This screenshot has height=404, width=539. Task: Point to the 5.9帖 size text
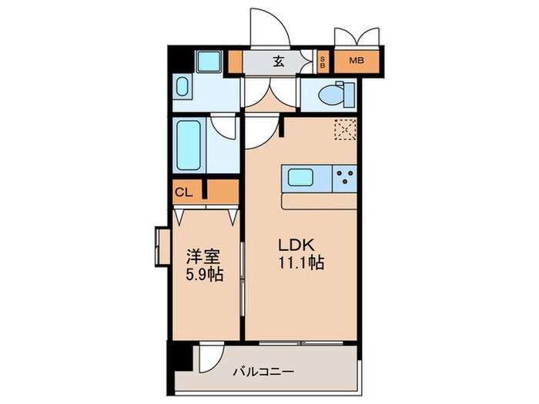click(204, 273)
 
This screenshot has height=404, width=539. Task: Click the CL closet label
click(182, 192)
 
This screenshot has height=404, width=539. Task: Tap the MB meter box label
click(357, 61)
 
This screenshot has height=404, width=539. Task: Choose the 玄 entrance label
click(278, 61)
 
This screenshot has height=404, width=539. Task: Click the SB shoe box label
click(323, 61)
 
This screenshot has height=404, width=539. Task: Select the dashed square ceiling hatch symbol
click(343, 130)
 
